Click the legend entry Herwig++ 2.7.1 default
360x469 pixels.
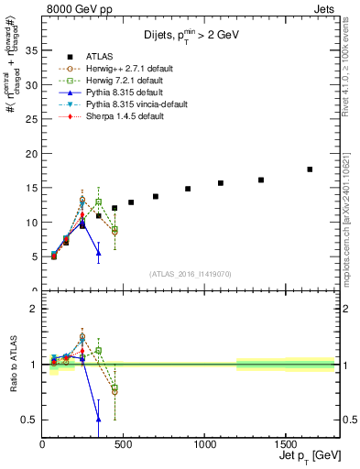(104, 68)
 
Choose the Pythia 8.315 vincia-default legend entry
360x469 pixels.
(112, 105)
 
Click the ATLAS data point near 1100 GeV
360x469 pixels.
(221, 183)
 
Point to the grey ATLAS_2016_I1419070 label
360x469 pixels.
(191, 273)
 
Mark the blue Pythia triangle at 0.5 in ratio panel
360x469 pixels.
(98, 420)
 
